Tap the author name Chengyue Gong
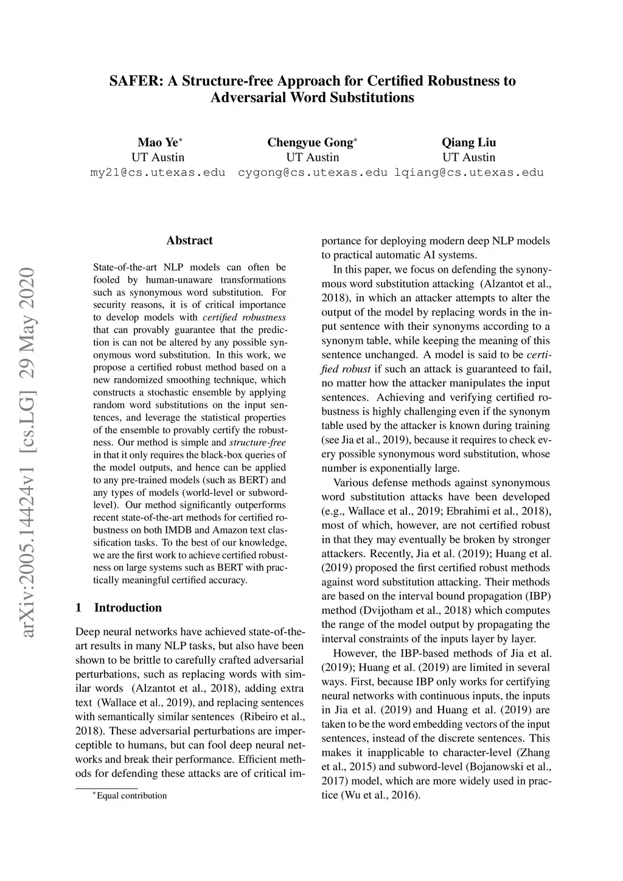[x=310, y=142]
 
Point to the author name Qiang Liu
[x=468, y=142]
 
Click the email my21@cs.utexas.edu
[x=158, y=172]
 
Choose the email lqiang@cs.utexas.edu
[x=469, y=172]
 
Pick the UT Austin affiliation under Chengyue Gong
[x=312, y=158]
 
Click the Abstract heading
[x=189, y=240]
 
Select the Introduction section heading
[x=128, y=608]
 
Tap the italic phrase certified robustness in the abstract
[x=243, y=317]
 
